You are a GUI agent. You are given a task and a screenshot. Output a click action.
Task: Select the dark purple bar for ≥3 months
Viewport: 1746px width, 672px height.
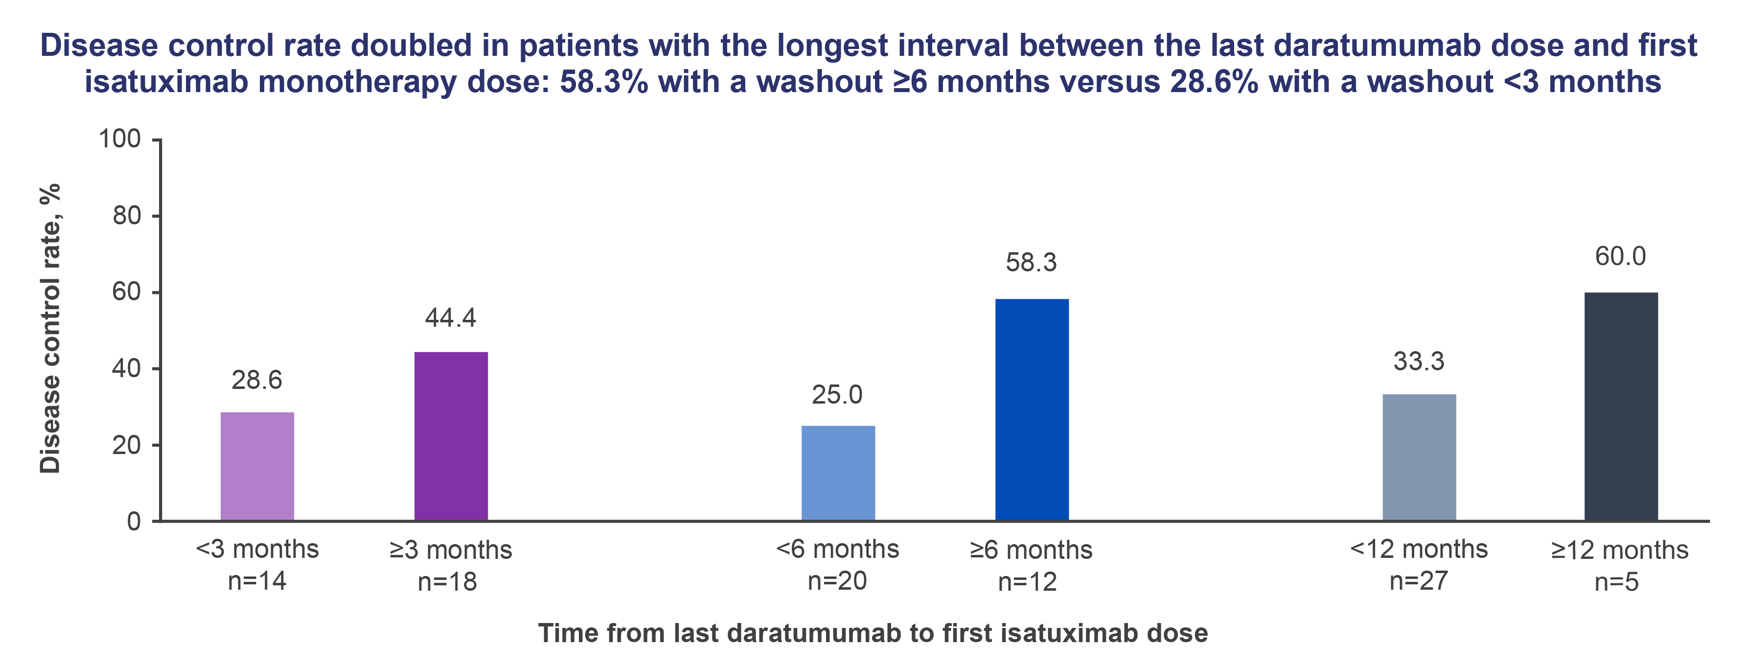click(x=451, y=436)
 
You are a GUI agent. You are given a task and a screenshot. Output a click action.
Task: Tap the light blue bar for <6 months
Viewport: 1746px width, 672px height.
click(x=838, y=473)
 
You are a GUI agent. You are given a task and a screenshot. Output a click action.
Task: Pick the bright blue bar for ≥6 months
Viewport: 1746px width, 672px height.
click(x=1032, y=409)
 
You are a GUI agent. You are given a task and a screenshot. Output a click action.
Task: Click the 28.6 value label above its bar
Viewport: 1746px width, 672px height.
click(x=257, y=381)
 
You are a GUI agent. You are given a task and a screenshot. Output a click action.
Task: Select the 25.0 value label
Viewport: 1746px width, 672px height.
click(x=837, y=395)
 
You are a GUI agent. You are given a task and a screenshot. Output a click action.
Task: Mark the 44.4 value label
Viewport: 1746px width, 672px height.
click(x=451, y=317)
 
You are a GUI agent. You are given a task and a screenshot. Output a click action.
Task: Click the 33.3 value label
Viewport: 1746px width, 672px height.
click(x=1419, y=361)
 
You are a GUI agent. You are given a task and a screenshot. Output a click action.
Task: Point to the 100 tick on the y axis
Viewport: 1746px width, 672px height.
click(x=120, y=139)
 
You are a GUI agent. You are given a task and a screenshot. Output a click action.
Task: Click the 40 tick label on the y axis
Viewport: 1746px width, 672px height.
click(x=126, y=369)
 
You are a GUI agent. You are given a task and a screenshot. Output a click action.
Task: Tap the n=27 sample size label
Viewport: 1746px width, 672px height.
click(x=1419, y=581)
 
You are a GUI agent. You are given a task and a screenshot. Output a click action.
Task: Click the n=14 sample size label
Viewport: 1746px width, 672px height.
click(x=257, y=581)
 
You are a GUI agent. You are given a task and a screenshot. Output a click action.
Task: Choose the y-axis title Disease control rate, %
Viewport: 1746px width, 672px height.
click(x=50, y=328)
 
